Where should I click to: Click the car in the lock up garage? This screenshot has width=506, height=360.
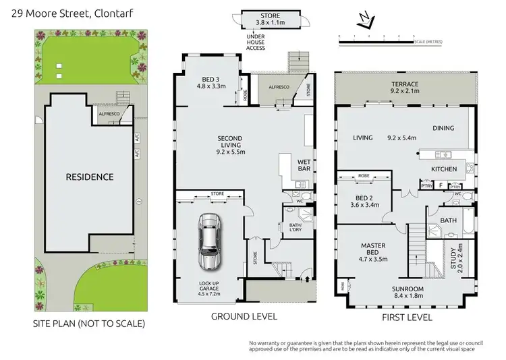pyautogui.click(x=209, y=241)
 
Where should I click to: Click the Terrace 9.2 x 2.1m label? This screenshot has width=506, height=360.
pyautogui.click(x=405, y=88)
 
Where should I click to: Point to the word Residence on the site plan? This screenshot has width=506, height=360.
pyautogui.click(x=89, y=177)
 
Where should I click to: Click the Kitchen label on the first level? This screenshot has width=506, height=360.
pyautogui.click(x=444, y=169)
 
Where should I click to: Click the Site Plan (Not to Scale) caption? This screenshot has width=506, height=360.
pyautogui.click(x=89, y=324)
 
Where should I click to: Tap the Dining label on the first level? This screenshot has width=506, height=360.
pyautogui.click(x=443, y=128)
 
